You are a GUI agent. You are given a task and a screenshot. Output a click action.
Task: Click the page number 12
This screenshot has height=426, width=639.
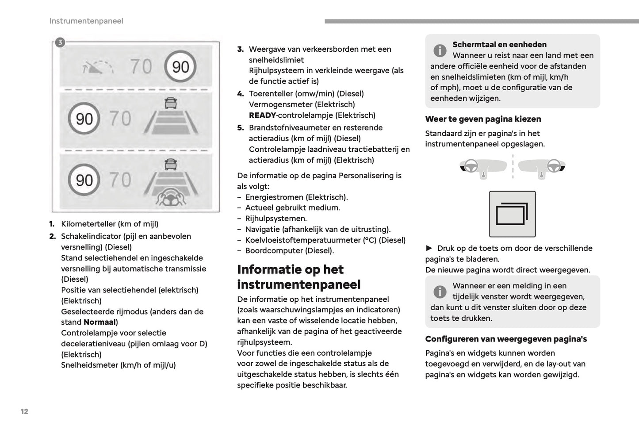point(24,411)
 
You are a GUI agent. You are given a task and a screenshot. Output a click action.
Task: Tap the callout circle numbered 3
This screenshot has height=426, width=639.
point(60,42)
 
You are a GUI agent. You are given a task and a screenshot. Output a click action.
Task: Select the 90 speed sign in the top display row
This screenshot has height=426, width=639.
point(180,67)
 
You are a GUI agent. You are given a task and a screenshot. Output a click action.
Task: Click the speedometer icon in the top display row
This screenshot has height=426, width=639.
point(98,67)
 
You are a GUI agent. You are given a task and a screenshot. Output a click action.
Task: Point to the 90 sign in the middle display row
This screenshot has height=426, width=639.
point(84,119)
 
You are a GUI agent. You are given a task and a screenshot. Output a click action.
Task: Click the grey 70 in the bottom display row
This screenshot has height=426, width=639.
point(120,180)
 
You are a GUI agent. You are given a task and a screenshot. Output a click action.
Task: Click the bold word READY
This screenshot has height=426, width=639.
point(262,115)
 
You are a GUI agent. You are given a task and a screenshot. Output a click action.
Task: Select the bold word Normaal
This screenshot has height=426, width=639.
point(99,322)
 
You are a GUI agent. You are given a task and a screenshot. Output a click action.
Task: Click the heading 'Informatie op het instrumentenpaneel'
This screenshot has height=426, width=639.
point(299,277)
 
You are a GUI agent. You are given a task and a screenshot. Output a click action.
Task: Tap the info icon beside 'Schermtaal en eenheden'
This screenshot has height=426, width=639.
point(440,50)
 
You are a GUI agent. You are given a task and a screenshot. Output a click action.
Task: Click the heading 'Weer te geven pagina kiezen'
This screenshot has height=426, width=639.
point(483,119)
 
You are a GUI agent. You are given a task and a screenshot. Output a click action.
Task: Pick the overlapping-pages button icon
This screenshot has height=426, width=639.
point(512,214)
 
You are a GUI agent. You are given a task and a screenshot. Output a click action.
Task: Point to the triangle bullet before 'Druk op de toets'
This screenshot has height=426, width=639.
point(429,248)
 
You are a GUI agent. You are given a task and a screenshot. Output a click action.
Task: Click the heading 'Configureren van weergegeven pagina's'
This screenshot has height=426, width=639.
point(506,339)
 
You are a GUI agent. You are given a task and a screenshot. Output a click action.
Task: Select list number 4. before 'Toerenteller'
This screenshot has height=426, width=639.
point(240,94)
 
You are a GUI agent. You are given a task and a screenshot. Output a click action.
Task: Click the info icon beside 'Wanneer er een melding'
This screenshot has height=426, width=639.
point(440,292)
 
